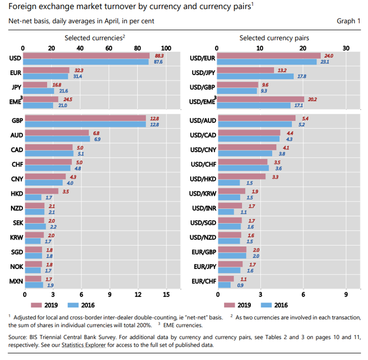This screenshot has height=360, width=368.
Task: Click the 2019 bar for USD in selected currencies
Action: (x=87, y=56)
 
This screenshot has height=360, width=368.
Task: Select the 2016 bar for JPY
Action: (x=39, y=91)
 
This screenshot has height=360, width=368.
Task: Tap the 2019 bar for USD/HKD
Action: (x=242, y=177)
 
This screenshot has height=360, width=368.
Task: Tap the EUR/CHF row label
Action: (x=203, y=281)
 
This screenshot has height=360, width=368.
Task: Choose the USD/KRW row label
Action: (x=203, y=194)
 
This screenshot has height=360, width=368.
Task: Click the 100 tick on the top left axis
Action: (x=166, y=48)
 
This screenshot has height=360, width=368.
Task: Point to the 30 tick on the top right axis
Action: (x=346, y=48)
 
